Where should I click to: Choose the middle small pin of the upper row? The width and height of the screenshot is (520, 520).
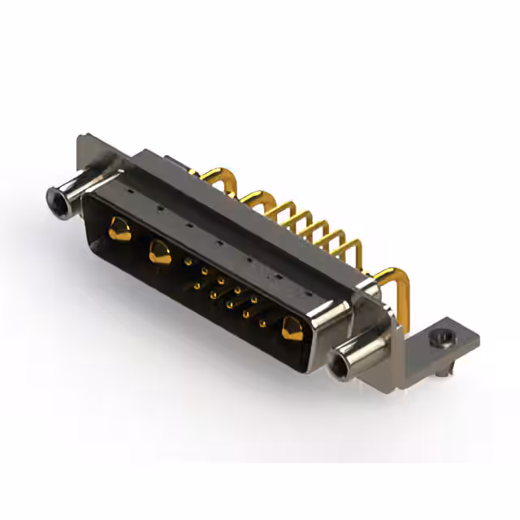point(221,281)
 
